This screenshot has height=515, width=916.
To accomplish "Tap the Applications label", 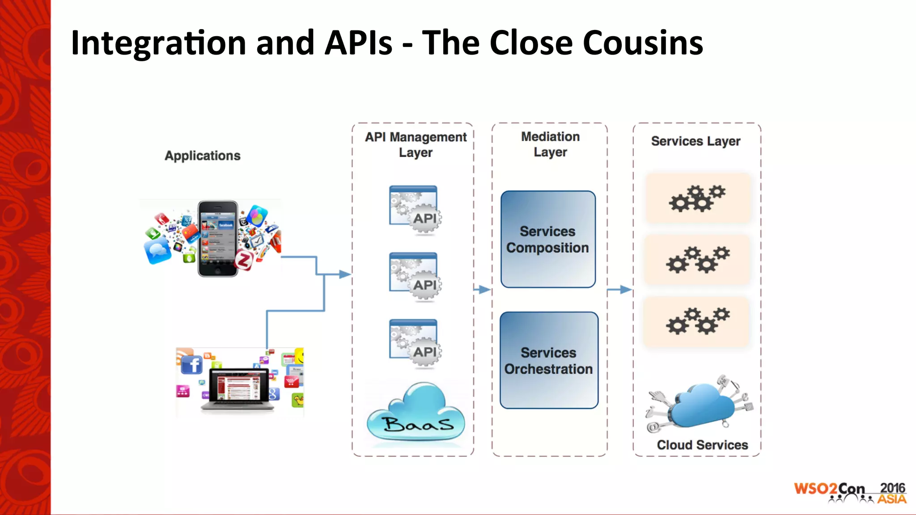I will point(203,156).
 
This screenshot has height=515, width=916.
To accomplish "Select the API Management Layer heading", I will point(416,144).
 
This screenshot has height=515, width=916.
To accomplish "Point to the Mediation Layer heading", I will point(550,144).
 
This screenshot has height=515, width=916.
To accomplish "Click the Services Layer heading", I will point(695,141).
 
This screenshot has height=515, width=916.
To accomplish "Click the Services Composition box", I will point(548,240).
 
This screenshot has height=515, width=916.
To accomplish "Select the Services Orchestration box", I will point(549,360).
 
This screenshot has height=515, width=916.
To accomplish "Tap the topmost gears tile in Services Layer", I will point(697,198).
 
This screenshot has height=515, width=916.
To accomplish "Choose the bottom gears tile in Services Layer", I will point(696,321).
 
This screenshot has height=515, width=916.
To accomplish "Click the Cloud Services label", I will point(702,445).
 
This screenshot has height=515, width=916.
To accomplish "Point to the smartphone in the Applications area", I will point(218,238).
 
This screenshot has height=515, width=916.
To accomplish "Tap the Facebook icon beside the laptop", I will point(192,365).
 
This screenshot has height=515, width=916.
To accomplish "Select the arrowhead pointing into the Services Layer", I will point(626,290).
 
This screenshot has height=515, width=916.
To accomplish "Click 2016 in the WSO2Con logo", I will point(892,488).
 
